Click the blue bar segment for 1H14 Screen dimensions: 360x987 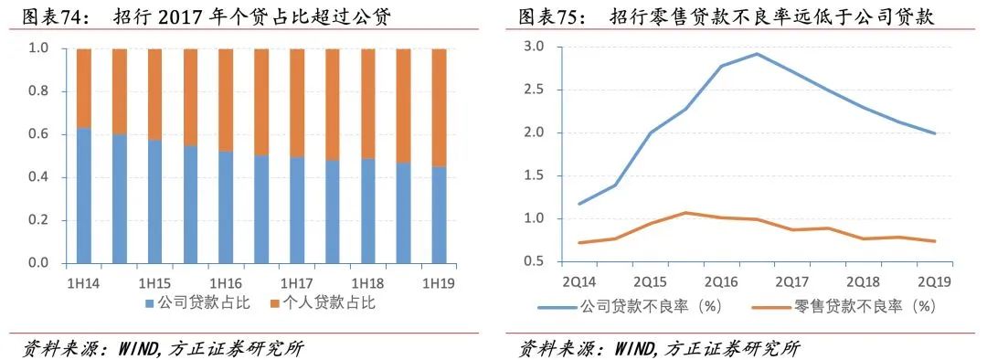84,196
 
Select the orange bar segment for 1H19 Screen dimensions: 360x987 439,108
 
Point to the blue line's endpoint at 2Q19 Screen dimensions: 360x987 934,133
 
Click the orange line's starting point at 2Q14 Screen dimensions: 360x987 578,243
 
